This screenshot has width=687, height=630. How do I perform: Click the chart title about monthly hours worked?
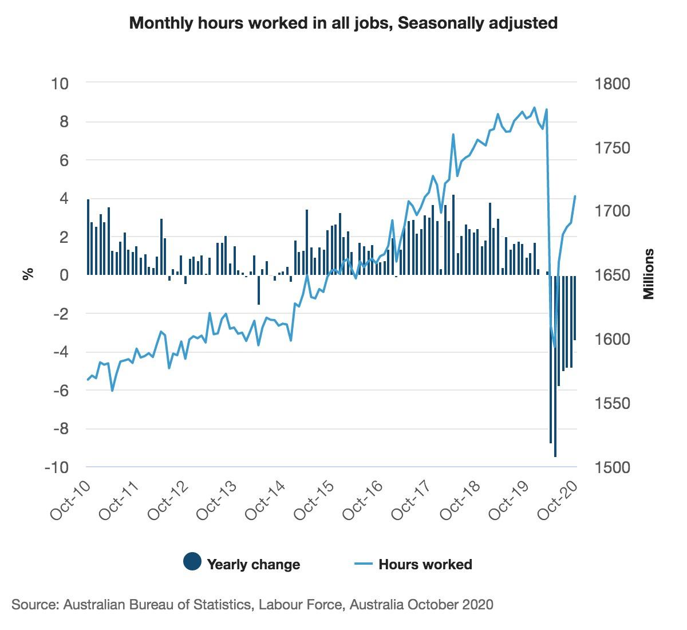click(343, 23)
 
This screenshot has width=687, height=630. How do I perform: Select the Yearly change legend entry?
click(253, 564)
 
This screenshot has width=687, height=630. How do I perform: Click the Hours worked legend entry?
click(425, 564)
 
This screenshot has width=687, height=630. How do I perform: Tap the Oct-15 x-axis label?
click(315, 499)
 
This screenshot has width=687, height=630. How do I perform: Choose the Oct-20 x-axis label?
click(559, 499)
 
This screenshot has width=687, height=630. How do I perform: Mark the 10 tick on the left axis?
click(60, 84)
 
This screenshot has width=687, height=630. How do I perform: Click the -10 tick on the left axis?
click(56, 467)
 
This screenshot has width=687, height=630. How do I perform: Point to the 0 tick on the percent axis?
click(64, 275)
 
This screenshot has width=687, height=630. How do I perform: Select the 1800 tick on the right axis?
click(611, 84)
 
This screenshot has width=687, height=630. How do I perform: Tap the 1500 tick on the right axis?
click(611, 467)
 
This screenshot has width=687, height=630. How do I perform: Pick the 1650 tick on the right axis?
click(611, 275)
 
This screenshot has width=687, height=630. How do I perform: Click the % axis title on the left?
click(27, 274)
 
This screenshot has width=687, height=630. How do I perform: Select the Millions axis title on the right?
click(648, 274)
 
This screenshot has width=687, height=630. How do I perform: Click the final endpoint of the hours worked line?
click(575, 196)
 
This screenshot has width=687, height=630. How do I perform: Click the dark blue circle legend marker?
click(192, 562)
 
